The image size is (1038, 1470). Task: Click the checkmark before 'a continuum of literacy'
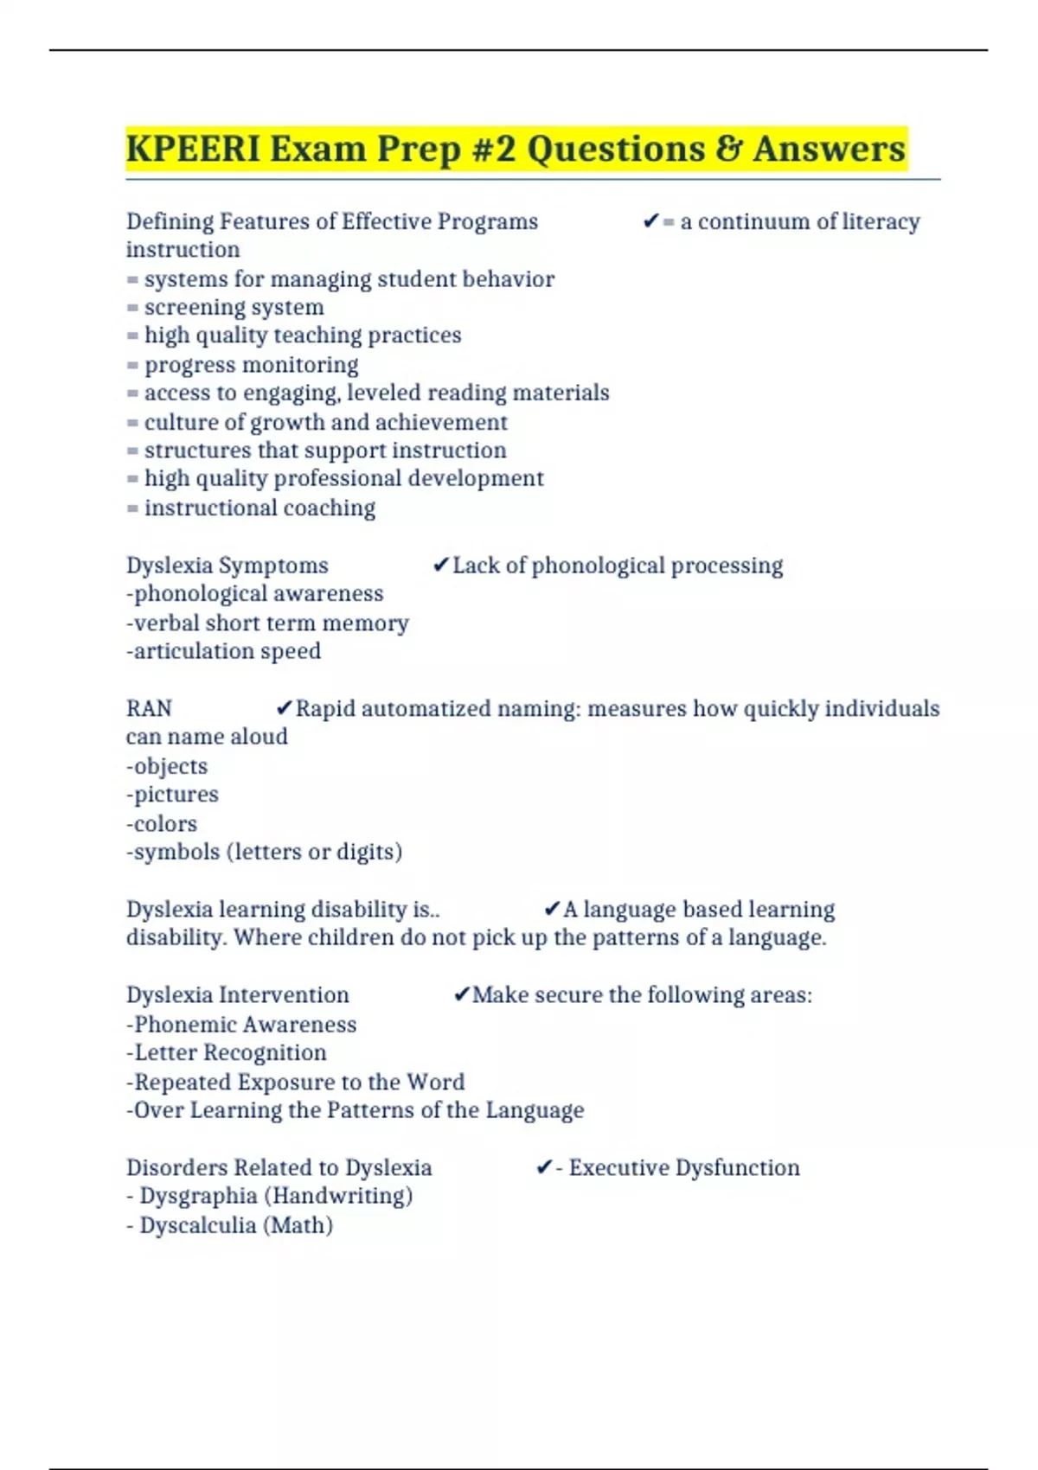(651, 222)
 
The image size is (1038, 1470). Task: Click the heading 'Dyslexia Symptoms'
(227, 566)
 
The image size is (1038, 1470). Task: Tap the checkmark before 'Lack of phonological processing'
(440, 566)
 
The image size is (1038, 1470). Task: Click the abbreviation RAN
(149, 708)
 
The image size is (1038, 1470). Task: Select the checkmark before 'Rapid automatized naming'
(284, 709)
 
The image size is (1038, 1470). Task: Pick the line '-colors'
(162, 823)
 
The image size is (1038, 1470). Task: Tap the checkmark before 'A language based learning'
(552, 910)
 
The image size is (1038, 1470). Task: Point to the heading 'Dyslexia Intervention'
(238, 995)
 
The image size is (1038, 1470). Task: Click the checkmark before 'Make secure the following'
(462, 995)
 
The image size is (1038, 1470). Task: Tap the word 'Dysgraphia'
(198, 1196)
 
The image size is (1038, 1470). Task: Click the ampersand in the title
(732, 149)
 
